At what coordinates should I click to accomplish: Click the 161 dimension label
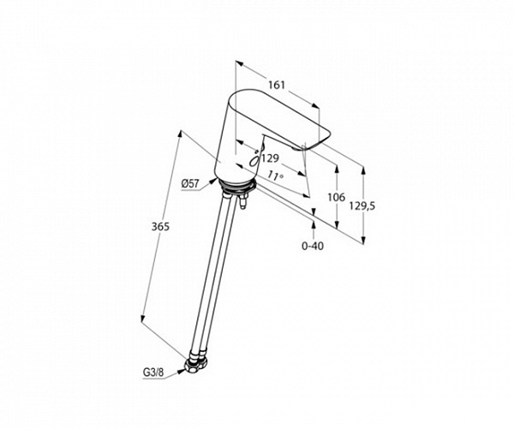[x=277, y=85]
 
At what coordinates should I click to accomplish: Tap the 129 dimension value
[x=270, y=158]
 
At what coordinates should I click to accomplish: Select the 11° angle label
[x=275, y=175]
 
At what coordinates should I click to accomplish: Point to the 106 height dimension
[x=337, y=197]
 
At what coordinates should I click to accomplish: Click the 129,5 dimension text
[x=362, y=206]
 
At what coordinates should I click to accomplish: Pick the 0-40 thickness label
[x=313, y=246]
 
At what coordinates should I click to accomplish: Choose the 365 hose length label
[x=160, y=226]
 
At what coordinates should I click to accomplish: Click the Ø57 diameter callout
[x=190, y=183]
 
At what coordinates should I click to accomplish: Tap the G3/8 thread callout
[x=153, y=372]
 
